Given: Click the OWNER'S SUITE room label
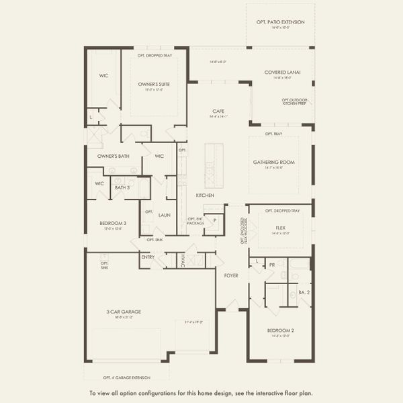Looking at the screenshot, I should [x=154, y=84].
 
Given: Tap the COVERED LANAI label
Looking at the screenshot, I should [x=283, y=72].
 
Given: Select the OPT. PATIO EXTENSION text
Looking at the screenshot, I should [x=280, y=22].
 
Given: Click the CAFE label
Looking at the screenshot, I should [x=218, y=111].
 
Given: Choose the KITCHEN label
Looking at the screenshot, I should [x=205, y=195].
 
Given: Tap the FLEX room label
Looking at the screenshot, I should [x=281, y=228].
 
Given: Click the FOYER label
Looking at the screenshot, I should [x=231, y=275].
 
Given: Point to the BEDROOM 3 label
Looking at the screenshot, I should [x=111, y=225].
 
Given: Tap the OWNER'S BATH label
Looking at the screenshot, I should [x=108, y=156].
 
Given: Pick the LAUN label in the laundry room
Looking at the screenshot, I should [x=164, y=215].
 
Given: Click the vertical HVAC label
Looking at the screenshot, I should [x=182, y=261].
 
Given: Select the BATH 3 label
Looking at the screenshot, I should [x=122, y=187].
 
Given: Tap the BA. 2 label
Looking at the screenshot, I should [x=303, y=292].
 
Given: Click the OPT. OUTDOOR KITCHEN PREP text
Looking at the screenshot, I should [x=296, y=101].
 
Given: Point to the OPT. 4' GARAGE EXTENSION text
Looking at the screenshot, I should [x=127, y=377].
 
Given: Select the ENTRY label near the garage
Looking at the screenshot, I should [x=148, y=257].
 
